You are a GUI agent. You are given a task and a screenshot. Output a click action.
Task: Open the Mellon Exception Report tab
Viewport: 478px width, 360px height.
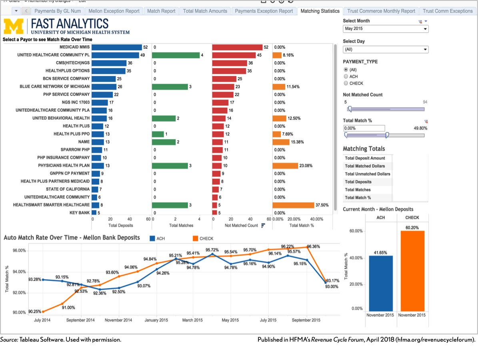coord(114,11)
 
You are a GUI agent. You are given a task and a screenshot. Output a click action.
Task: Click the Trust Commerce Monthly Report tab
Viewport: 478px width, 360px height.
coord(381,11)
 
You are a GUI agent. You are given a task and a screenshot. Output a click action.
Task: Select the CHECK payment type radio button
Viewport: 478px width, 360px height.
coord(346,83)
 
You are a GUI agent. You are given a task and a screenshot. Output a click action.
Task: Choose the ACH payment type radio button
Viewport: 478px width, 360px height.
coord(346,76)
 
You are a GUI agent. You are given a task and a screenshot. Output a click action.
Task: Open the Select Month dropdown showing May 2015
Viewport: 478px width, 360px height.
coord(386,29)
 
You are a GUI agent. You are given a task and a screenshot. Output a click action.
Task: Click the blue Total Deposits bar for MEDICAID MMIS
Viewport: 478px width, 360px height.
coord(117,47)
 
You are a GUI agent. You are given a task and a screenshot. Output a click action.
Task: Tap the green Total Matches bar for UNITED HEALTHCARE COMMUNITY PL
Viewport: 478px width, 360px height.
coord(176,55)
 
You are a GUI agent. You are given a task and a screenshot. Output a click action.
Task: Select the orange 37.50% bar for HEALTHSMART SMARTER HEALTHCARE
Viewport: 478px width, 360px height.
coord(293,205)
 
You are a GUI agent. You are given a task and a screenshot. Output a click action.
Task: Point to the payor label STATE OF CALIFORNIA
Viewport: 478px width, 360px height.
coord(68,189)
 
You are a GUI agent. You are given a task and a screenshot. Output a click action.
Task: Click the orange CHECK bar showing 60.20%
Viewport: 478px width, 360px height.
coord(412,271)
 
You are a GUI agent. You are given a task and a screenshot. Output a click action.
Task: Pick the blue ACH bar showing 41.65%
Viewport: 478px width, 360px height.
coord(381,283)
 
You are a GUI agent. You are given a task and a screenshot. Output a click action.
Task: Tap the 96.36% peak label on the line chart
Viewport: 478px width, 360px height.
coord(313,246)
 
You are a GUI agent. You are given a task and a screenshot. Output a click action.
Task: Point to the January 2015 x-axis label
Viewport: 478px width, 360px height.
coord(156,320)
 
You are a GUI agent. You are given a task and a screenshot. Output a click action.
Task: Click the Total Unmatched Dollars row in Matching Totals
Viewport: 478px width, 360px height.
coord(368,174)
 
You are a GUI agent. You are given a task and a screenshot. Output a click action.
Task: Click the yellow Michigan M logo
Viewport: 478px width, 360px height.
coord(14,26)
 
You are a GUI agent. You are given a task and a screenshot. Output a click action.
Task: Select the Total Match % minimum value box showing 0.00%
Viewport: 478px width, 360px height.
coord(364,128)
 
